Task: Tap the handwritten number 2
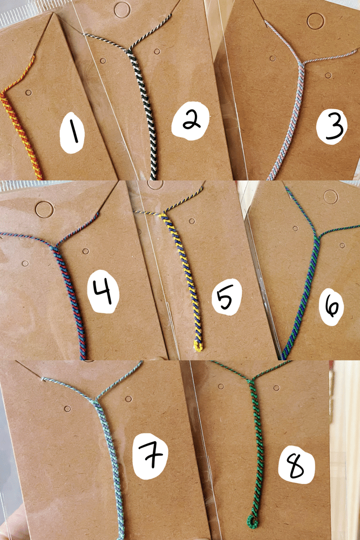pos(191,121)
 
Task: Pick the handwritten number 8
pos(296,467)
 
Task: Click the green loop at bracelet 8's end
pos(253,522)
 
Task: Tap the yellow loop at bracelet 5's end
pos(198,346)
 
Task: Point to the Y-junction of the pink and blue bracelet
pos(302,63)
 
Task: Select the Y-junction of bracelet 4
pos(53,247)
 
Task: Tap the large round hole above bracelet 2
pos(122,10)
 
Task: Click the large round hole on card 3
pos(315,21)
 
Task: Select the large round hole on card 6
pos(331,197)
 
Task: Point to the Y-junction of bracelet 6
pos(316,238)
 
